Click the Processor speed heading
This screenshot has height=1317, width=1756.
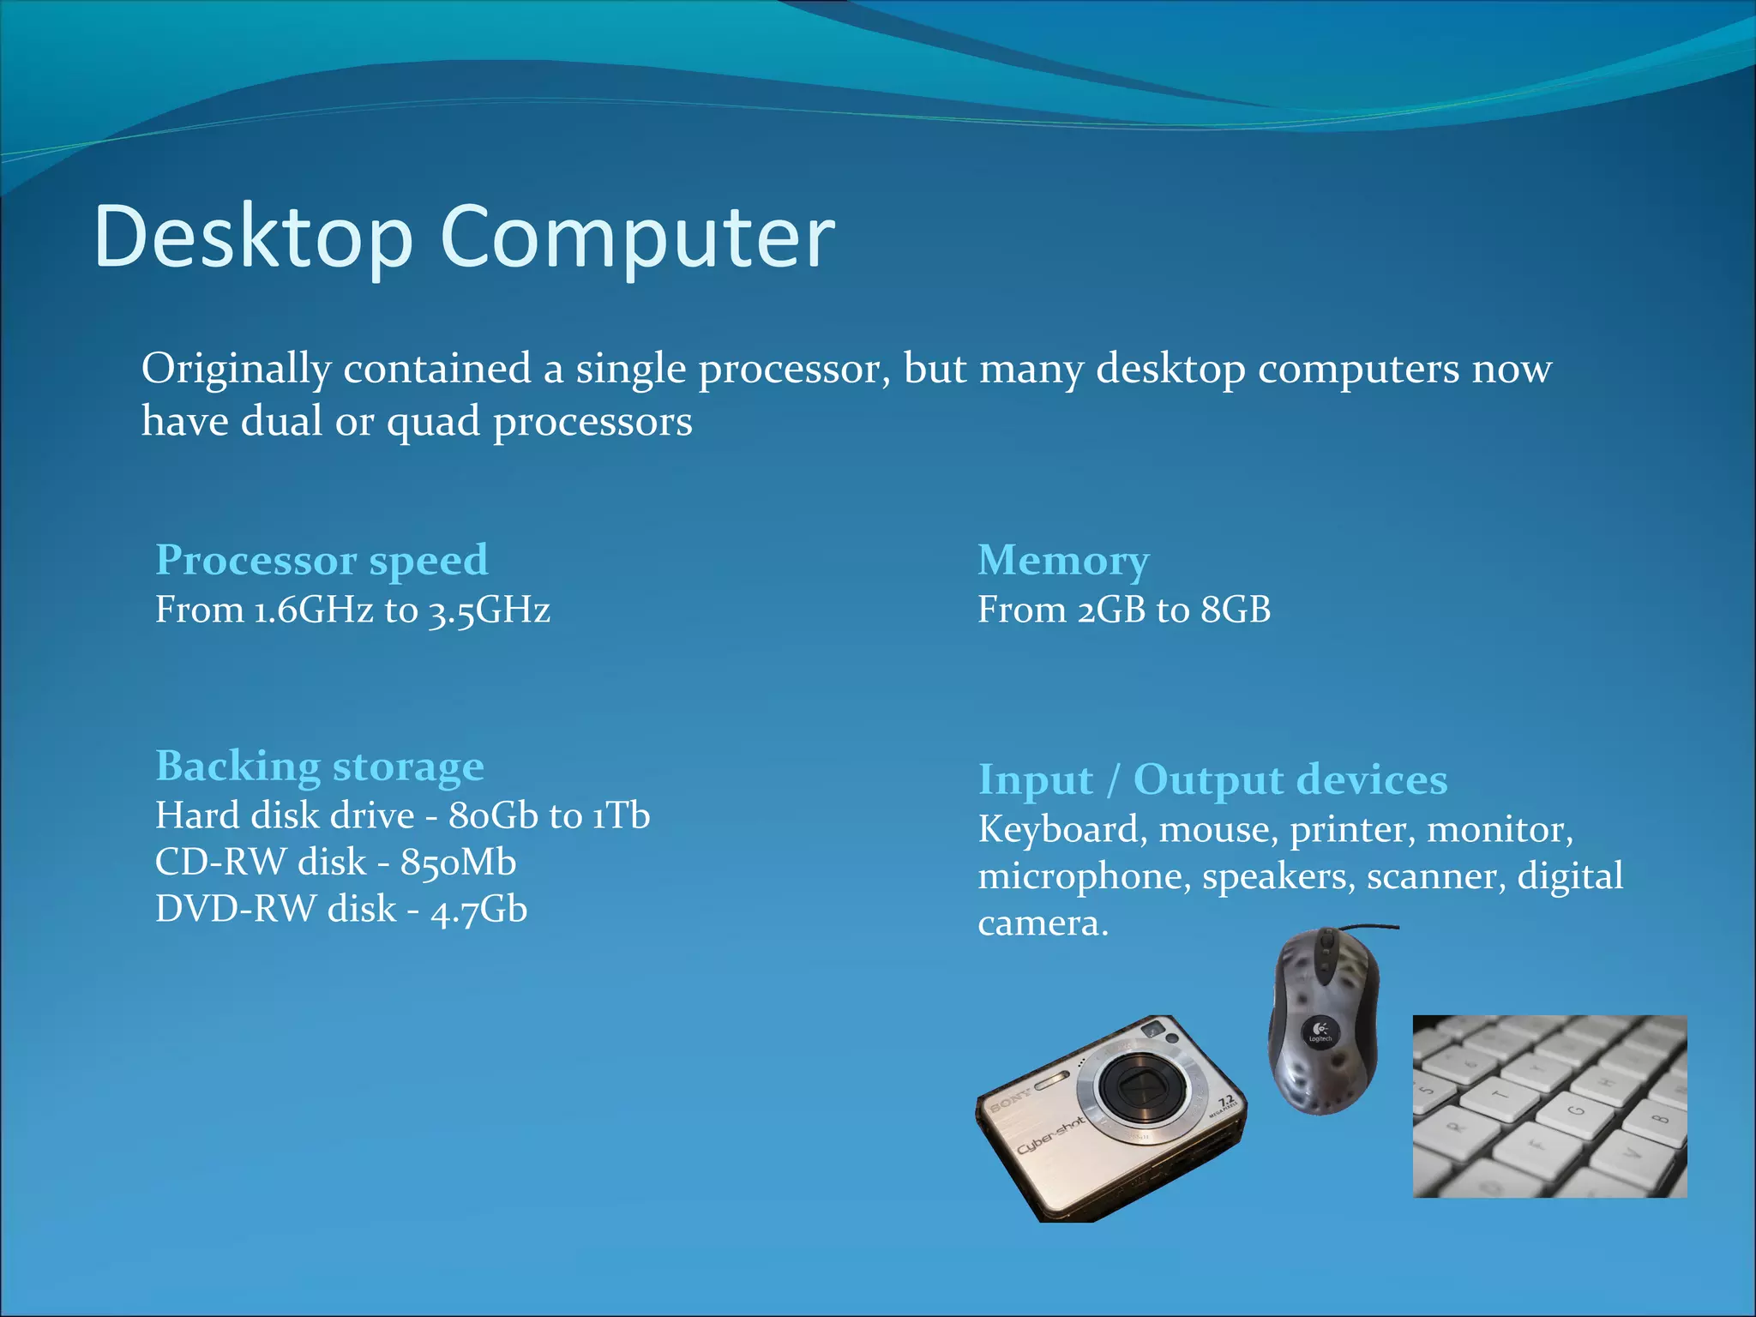coord(322,561)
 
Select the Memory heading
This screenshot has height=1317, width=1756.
coord(1063,561)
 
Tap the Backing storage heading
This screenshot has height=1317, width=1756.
coord(319,766)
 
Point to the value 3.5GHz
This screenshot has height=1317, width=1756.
coord(490,610)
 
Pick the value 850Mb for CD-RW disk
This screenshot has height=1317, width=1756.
coord(459,863)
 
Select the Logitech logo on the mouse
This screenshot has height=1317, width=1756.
coord(1320,1029)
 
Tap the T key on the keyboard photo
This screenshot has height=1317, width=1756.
coord(1501,1094)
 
